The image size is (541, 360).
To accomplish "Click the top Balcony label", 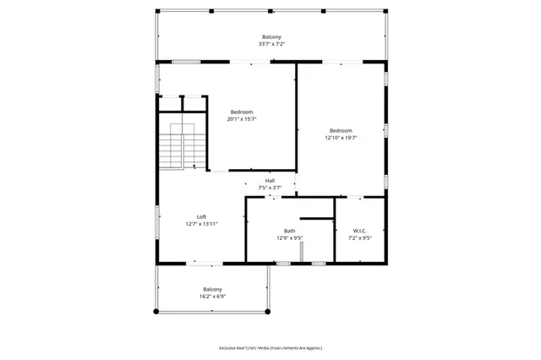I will [270, 37].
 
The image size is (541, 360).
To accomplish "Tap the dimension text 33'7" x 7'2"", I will [270, 44].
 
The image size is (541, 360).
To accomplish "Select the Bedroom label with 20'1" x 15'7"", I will [242, 112].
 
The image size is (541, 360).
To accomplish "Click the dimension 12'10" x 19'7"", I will [341, 138].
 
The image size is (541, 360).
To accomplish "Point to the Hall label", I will [270, 181].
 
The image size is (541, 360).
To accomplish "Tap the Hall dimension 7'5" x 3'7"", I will [270, 188].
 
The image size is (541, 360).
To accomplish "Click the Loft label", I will [201, 217].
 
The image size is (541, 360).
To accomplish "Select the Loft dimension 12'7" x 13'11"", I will [201, 224].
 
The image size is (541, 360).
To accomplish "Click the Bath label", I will [289, 231].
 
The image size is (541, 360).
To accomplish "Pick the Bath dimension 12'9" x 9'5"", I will [289, 238].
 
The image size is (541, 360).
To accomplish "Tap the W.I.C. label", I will [360, 231].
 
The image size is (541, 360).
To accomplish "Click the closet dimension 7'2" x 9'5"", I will [360, 238].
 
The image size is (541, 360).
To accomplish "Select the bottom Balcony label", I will [212, 289].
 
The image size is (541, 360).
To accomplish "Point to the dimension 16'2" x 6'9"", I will [212, 297].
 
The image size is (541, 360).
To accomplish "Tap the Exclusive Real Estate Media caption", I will [270, 348].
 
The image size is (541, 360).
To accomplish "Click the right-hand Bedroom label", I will [341, 130].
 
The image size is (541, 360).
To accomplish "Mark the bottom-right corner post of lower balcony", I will [269, 311].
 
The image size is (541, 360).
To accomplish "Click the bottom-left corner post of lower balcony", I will [156, 311].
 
